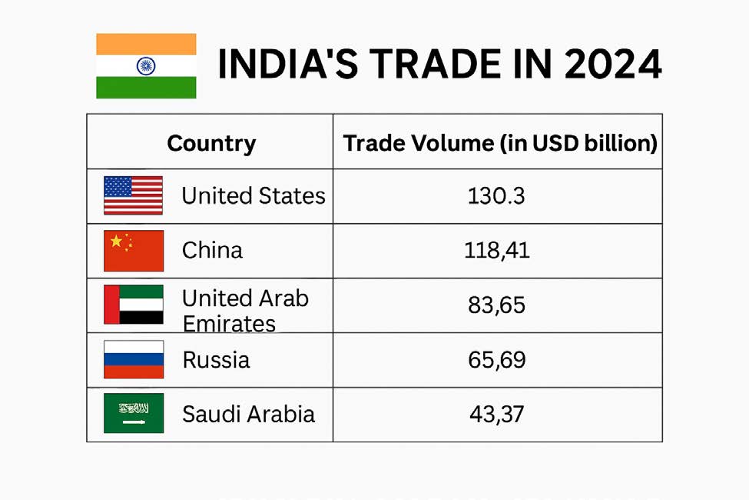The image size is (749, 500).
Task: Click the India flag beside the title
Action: point(146,66)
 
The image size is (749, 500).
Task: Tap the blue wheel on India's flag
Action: point(146,65)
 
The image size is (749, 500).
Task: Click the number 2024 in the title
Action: point(611,65)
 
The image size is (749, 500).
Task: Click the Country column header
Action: point(211,143)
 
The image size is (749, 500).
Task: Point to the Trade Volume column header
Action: point(499,143)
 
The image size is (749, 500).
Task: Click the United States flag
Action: point(133,195)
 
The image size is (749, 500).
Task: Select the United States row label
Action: point(254,196)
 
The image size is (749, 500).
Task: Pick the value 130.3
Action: point(496,196)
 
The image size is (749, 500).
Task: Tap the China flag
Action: point(133,251)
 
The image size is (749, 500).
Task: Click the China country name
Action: point(212,251)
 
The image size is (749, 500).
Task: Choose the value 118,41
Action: point(497,251)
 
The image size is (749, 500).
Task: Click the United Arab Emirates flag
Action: point(133,305)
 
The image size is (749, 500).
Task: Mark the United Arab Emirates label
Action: point(244,309)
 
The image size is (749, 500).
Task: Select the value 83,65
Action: point(496,305)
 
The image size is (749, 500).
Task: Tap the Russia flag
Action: point(133,359)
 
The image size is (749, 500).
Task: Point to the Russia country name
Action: point(216,360)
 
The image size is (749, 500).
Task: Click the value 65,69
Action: point(496,360)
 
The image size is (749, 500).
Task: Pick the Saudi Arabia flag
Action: point(133,413)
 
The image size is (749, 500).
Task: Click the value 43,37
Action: point(496,415)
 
